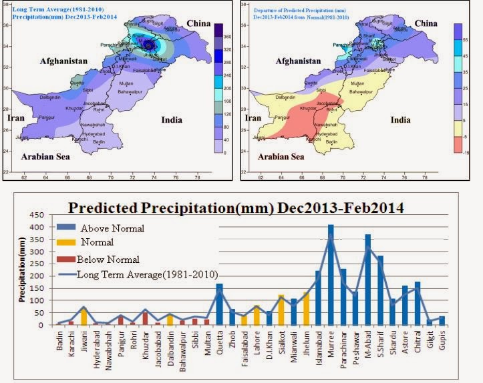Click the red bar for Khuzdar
pos(145,318)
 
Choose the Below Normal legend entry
pos(108,259)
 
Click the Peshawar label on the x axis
pos(355,343)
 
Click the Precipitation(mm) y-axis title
pos(23,270)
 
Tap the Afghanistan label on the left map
pos(63,61)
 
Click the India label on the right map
pos(400,120)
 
